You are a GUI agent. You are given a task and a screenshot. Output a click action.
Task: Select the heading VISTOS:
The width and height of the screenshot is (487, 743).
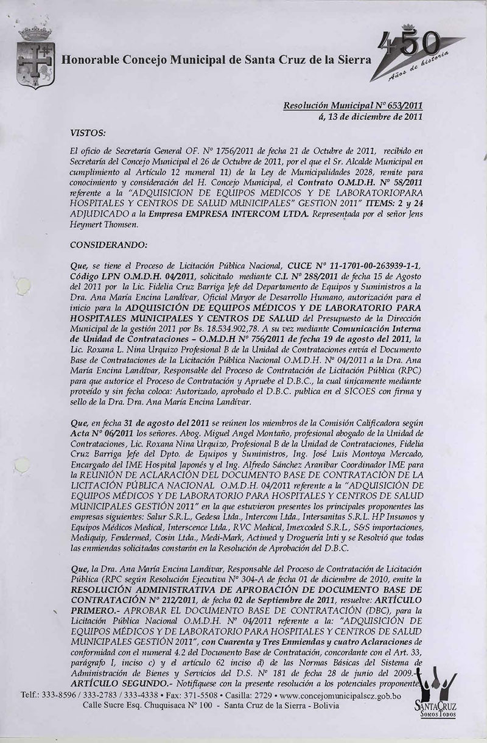coord(88,130)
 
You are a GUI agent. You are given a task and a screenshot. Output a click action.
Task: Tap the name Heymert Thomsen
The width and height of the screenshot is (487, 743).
coord(102,225)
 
